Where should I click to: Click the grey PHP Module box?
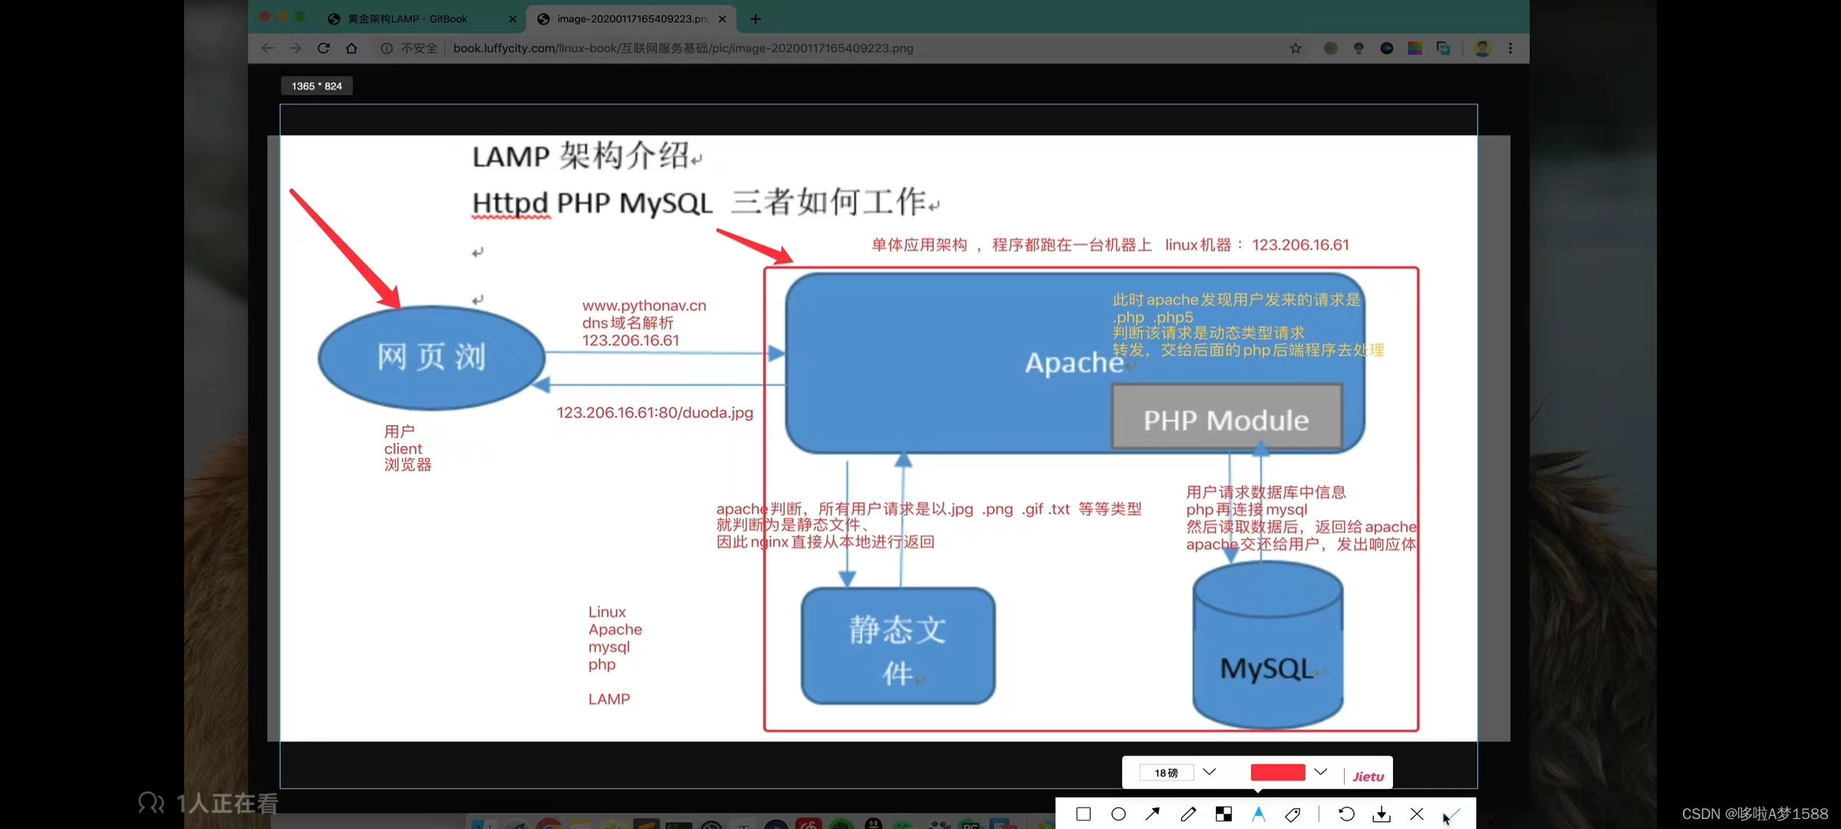point(1226,418)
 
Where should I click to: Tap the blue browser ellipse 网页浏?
point(431,357)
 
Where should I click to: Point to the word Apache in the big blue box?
point(1074,362)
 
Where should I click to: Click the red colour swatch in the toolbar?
point(1277,772)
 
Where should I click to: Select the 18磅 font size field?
point(1167,772)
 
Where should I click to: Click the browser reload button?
point(324,48)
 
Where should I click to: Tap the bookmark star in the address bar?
point(1296,48)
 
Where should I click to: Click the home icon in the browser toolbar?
point(351,48)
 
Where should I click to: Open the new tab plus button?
point(756,19)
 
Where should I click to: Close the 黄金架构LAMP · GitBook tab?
point(512,19)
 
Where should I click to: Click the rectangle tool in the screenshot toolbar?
point(1083,814)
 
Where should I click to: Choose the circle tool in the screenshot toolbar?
point(1118,814)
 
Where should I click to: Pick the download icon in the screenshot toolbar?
point(1382,814)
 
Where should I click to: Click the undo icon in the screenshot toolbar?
point(1346,814)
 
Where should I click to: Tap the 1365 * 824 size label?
point(317,86)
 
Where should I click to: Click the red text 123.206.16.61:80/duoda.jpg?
point(654,412)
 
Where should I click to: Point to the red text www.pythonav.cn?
point(644,306)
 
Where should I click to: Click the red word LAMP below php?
point(609,699)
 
